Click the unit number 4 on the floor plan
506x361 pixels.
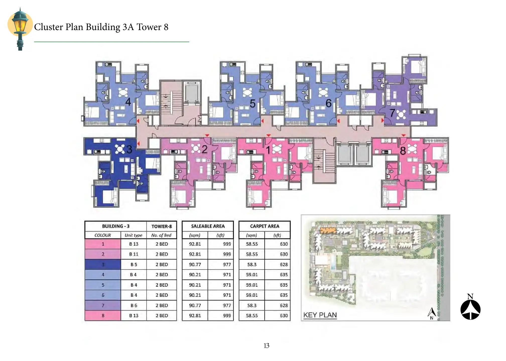point(128,102)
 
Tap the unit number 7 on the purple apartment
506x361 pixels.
point(392,113)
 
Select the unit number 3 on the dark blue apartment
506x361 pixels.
point(129,149)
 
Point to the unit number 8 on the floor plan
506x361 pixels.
point(403,151)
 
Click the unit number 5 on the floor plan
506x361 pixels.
point(252,104)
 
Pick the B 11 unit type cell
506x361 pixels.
point(134,254)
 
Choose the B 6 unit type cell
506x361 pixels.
point(134,305)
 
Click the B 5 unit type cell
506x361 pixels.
point(134,264)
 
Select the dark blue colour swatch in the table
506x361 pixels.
point(103,264)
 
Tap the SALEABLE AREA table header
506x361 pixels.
point(208,226)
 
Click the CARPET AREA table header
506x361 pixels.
point(265,226)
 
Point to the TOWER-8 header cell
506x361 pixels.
point(162,226)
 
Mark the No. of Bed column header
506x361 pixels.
point(161,235)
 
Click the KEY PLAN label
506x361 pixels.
point(320,315)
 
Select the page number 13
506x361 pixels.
point(267,346)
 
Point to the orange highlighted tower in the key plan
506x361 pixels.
point(328,230)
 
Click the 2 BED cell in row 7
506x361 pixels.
point(162,305)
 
